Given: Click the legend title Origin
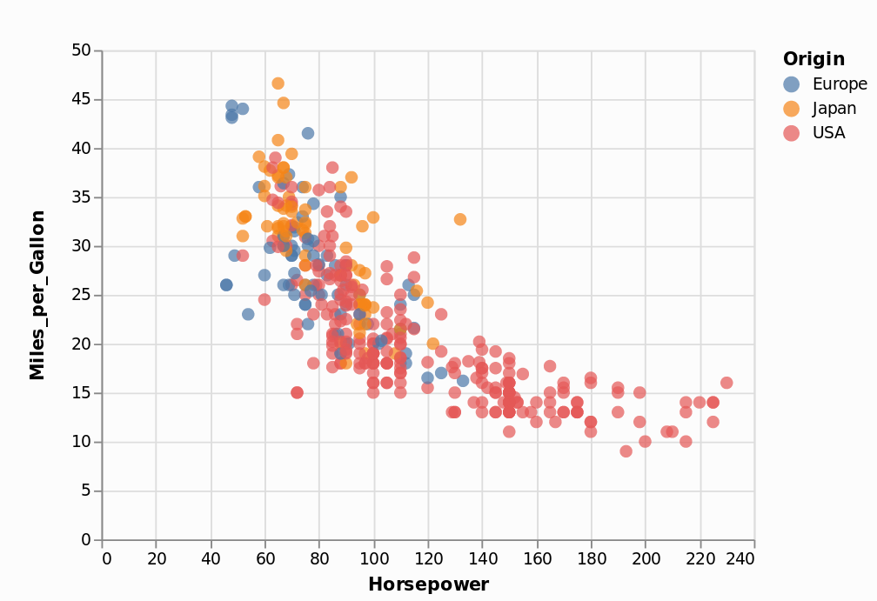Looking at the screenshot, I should pos(813,59).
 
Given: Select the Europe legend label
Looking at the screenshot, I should pos(840,84).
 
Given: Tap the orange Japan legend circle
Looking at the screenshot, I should pos(791,109).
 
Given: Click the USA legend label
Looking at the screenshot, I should pos(828,133).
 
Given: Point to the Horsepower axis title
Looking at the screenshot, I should pos(428,584).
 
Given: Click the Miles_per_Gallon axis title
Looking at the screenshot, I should pos(37,294).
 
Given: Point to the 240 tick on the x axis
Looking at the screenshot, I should pos(740,558).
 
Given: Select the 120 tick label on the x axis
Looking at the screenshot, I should pos(428,558).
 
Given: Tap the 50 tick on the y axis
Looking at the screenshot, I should pos(81,50).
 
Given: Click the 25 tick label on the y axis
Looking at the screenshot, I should pos(81,295).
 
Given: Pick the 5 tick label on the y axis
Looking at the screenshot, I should pos(85,491).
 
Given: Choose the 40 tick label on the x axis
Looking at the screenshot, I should pos(211,558).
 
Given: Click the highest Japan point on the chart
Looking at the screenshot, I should pos(278,83).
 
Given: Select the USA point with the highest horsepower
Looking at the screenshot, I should pos(726,383).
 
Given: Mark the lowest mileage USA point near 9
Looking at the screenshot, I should pos(626,451).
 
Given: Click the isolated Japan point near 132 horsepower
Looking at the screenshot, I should pos(460,219).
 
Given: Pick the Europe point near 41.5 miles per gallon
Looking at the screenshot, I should pos(308,133).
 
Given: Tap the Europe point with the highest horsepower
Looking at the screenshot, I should pos(463,380).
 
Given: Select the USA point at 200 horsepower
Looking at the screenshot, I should pos(646,441).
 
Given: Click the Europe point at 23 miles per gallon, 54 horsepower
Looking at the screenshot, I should pos(248,314).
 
